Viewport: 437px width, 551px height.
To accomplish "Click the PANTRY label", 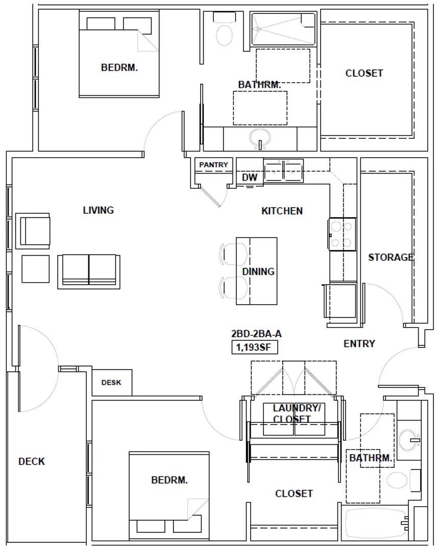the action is pos(213,164).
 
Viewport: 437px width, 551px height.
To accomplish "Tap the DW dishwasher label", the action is pos(250,178).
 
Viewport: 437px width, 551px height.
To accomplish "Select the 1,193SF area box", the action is pos(254,347).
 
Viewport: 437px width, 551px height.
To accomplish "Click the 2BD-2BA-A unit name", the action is pos(256,334).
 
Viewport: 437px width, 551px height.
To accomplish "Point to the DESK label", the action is pos(111,382).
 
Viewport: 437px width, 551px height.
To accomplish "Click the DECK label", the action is pos(32,461).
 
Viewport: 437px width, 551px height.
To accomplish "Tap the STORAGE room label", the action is pos(391,257).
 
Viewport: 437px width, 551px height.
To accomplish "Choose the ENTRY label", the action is pos(359,343).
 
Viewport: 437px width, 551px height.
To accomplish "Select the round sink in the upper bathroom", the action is pos(260,138).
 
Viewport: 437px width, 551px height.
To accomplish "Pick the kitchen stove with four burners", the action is pos(343,234).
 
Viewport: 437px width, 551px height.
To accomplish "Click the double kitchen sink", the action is pos(283,170).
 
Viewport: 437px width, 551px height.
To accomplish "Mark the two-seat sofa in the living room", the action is pos(89,271).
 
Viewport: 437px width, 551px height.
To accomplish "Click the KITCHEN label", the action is pos(282,211).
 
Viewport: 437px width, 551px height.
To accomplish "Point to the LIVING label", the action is pos(99,210).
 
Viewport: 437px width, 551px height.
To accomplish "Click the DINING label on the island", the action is pos(258,271).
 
